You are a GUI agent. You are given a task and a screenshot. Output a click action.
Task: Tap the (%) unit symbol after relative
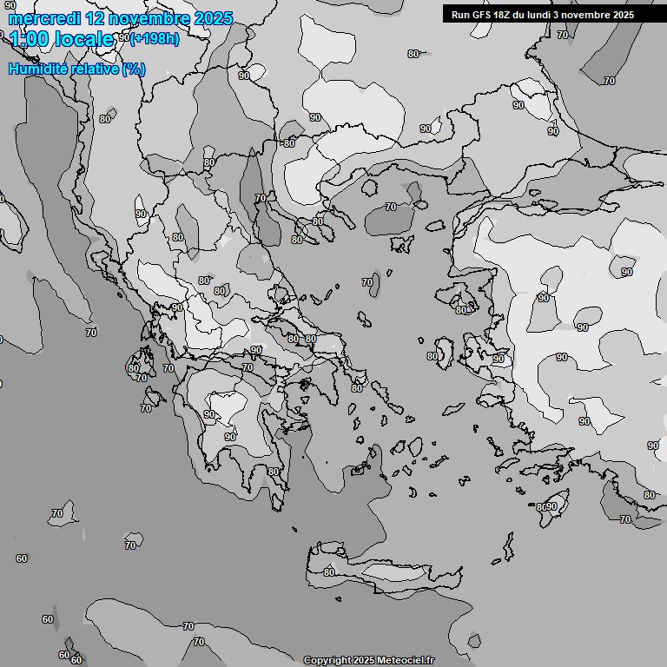point(134,69)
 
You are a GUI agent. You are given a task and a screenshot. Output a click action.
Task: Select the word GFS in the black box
point(483,15)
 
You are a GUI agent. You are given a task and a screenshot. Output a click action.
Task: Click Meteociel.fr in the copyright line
point(405,661)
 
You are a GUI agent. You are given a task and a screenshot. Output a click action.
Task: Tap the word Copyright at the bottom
point(327,661)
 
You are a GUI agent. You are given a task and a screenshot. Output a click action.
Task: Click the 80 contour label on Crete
point(329,571)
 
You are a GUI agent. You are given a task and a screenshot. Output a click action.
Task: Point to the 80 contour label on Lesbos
point(461,310)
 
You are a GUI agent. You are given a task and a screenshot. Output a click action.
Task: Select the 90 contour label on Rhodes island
point(551,506)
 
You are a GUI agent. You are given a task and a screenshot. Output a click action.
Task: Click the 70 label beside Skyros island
point(367,282)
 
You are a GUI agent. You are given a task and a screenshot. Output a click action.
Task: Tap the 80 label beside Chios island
point(433,356)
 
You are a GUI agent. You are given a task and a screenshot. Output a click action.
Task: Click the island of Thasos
point(369,187)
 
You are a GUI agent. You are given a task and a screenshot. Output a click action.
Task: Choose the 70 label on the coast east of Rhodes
point(625,519)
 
